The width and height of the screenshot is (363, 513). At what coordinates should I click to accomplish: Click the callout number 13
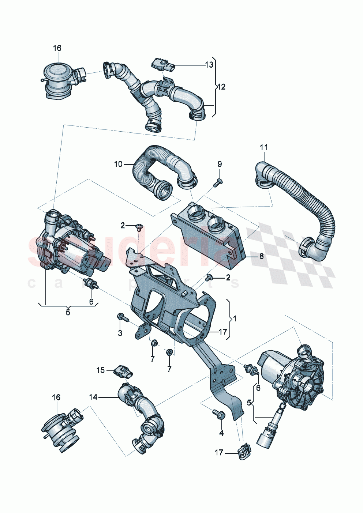pos(209,65)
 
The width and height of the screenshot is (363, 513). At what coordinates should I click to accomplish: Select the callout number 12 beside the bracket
pos(221,87)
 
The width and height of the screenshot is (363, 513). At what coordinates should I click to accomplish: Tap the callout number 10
pos(118,164)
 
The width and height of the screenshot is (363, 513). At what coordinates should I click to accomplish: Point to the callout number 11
pos(264,148)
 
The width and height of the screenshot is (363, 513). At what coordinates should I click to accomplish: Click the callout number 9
pos(220,164)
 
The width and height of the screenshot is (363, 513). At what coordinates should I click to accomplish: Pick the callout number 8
pos(261,256)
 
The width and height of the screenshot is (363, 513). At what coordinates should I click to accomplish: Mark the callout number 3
pos(120,333)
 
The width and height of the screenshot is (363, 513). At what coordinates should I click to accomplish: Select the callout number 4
pos(221,433)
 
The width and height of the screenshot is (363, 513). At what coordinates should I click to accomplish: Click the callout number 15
pos(101,370)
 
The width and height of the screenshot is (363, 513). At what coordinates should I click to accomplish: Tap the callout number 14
pos(93,397)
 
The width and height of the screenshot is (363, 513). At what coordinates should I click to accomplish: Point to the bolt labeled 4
pos(219,414)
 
